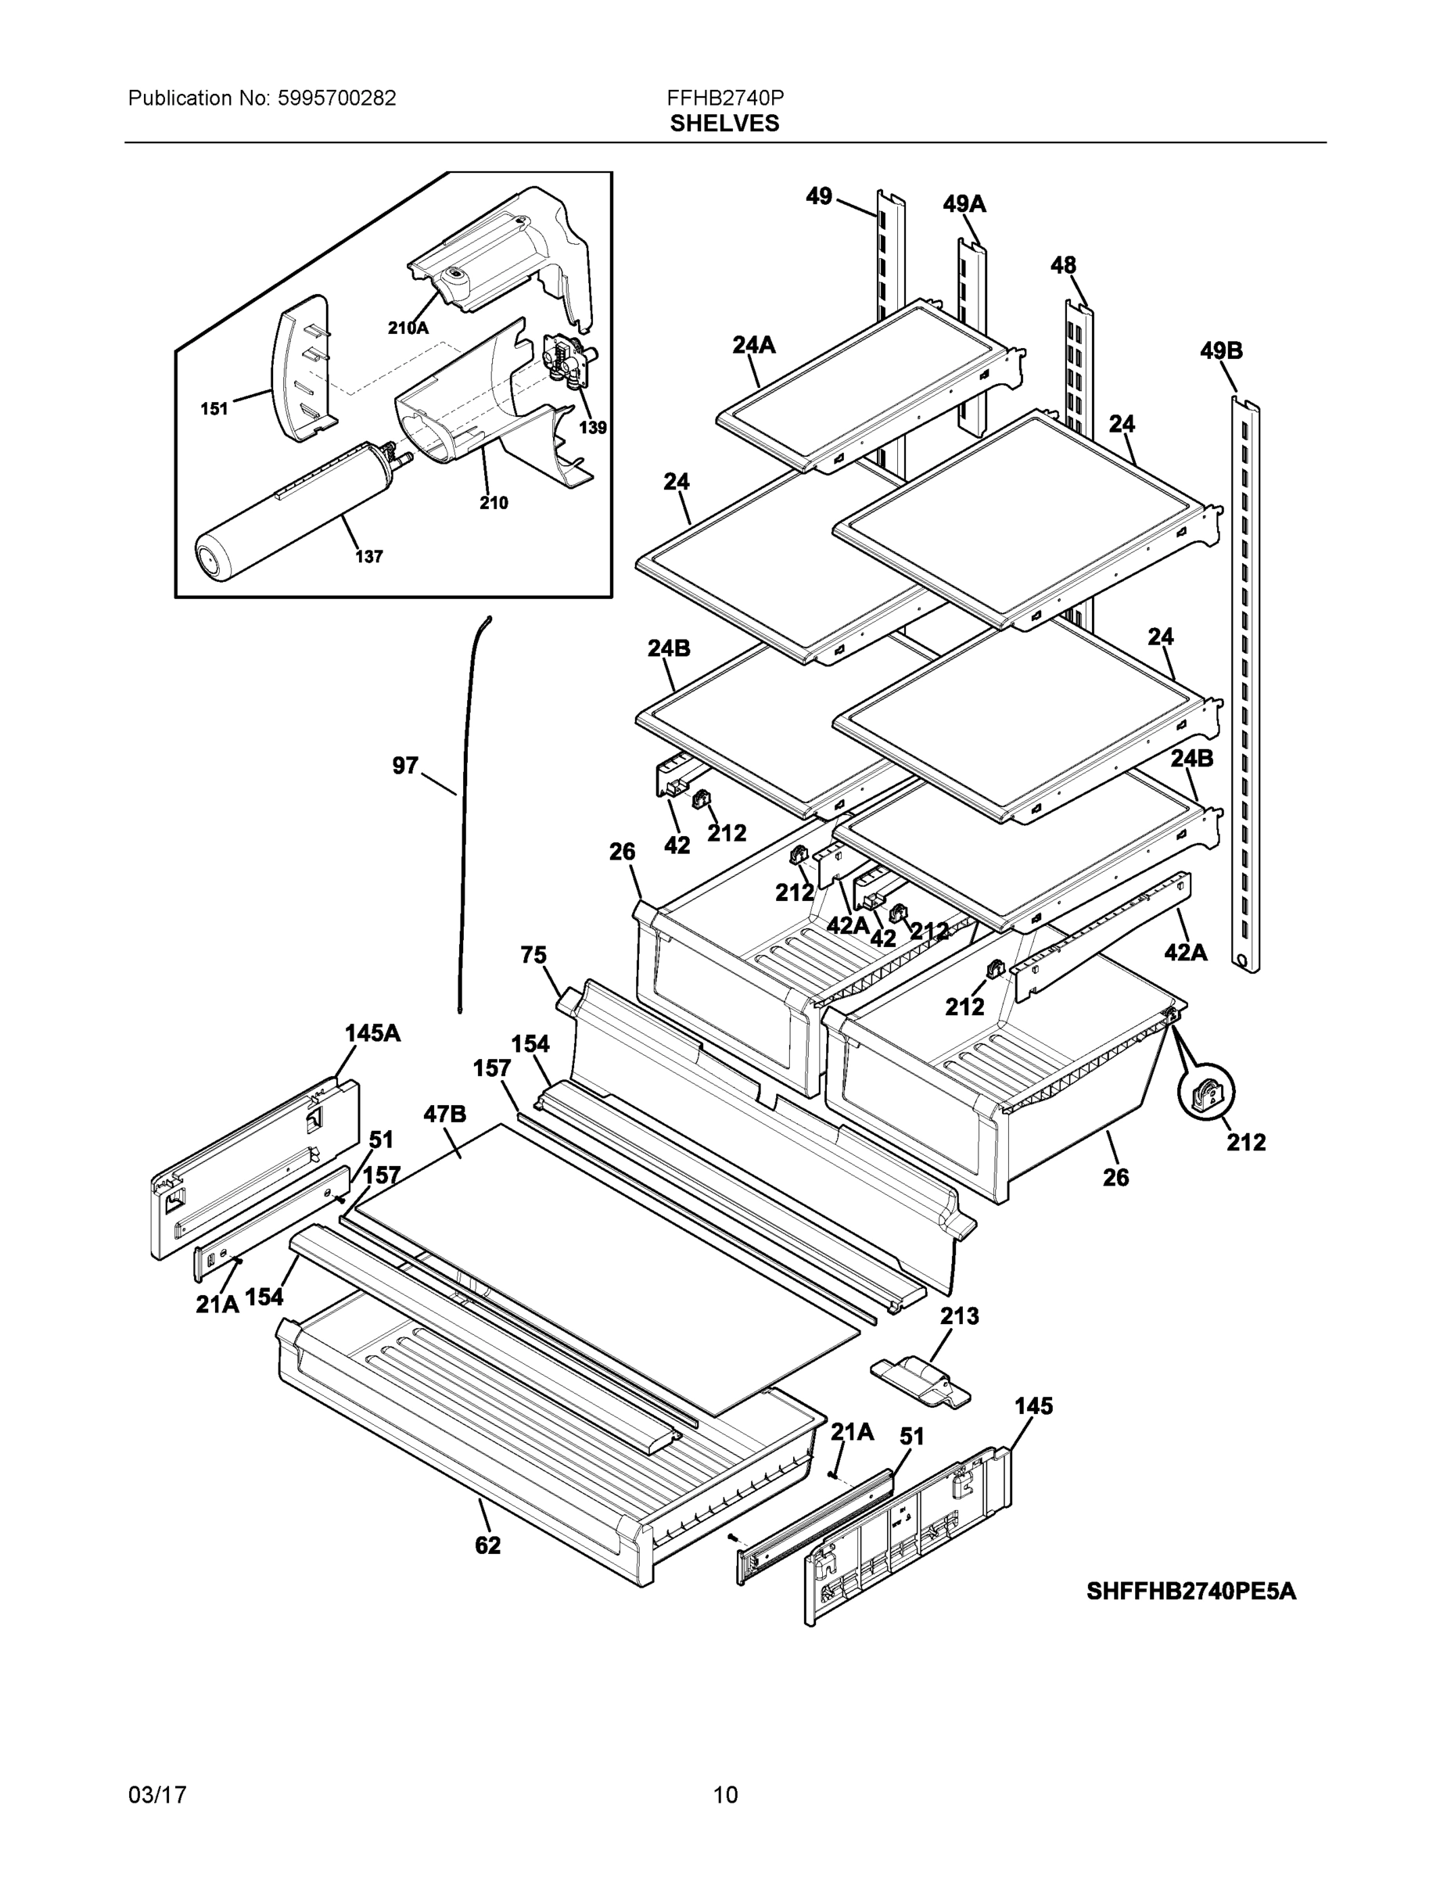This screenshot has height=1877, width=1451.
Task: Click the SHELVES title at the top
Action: (724, 124)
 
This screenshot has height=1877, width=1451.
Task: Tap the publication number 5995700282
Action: (336, 98)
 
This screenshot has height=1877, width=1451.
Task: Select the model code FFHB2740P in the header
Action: (724, 98)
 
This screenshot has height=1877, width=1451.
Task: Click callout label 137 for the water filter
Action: (368, 556)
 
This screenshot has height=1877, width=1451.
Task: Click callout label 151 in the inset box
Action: (214, 408)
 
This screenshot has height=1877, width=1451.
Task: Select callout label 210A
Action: (408, 328)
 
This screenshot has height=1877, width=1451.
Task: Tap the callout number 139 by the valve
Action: (592, 427)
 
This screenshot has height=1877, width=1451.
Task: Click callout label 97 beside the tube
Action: (405, 765)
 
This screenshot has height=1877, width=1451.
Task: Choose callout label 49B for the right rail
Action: (1220, 350)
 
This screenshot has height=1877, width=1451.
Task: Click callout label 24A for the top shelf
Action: (753, 345)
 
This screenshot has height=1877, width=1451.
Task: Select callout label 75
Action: (533, 955)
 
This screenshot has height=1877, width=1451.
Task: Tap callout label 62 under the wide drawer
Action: (487, 1545)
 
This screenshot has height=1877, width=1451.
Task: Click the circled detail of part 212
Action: (1206, 1093)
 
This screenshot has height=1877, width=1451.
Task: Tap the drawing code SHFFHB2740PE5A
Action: (1191, 1592)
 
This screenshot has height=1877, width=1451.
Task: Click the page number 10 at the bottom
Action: (724, 1795)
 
